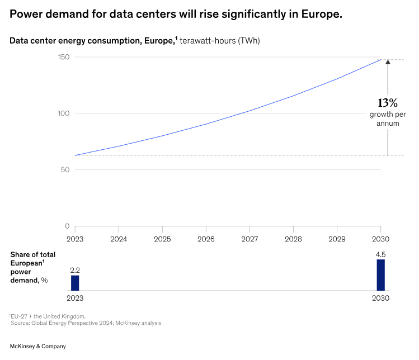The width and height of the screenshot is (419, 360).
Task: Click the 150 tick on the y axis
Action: tap(63, 57)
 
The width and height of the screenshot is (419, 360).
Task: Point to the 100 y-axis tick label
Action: tap(63, 113)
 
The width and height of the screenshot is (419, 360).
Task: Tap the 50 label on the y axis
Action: tap(65, 170)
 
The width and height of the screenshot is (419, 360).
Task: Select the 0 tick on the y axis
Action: tap(67, 226)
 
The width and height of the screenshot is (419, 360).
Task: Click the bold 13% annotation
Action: tap(387, 103)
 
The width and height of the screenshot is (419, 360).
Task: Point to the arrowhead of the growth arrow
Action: tap(388, 62)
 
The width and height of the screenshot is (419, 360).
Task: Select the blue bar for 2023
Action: tap(75, 283)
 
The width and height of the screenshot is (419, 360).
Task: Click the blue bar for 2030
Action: tap(380, 275)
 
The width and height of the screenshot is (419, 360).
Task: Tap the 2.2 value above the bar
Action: tap(75, 270)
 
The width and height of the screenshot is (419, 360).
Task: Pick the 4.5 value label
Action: tap(380, 254)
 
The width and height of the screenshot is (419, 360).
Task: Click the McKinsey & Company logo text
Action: tap(38, 347)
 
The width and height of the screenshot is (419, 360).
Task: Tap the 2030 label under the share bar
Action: tap(380, 298)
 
